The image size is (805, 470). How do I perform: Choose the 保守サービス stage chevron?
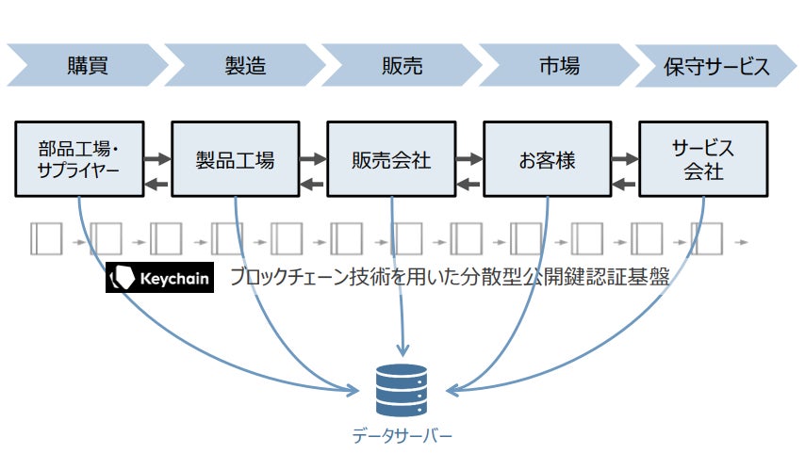716,66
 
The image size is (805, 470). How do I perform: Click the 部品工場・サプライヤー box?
79,158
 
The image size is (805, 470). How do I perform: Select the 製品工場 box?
235,158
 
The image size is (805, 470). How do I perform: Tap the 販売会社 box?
390,158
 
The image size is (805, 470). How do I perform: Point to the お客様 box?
547,158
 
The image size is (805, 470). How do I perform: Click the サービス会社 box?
702,158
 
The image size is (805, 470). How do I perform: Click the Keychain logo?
159,278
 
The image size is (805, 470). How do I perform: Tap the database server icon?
402,389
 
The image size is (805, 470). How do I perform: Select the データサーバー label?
402,436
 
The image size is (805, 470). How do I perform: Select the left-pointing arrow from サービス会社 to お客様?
624,183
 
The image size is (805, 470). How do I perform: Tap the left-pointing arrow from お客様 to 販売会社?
468,183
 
